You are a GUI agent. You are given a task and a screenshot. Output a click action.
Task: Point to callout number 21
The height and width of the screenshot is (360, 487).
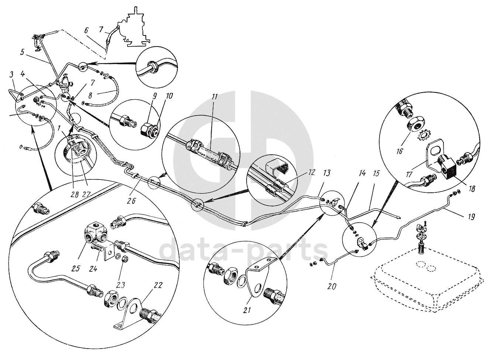(247, 310)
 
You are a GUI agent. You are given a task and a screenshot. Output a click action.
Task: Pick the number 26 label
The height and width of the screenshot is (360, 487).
(131, 200)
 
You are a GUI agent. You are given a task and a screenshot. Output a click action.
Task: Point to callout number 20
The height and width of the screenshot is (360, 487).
(332, 286)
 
